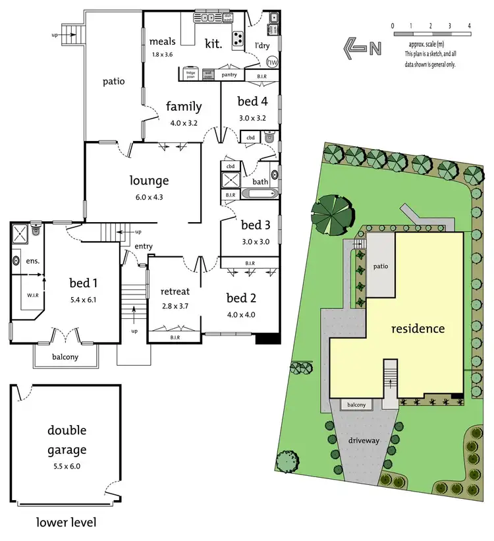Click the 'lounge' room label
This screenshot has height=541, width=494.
pos(150,181)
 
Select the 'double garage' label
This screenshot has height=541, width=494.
pos(67,441)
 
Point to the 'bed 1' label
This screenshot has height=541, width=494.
pos(84,283)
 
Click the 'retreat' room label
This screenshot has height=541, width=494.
pos(175,291)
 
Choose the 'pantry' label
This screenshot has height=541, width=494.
pos(229,75)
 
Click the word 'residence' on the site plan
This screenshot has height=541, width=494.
pos(418,328)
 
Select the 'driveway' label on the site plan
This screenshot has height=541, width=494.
pos(363,440)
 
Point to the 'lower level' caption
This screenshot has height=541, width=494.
pos(66,523)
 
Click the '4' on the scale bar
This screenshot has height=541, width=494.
pos(469,26)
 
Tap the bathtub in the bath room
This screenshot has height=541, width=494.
pos(258,194)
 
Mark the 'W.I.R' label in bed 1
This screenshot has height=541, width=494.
pos(33,295)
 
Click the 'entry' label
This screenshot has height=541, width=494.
pos(143,246)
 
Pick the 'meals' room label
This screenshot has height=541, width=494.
pos(162,42)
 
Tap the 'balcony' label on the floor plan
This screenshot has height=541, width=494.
pos(65,357)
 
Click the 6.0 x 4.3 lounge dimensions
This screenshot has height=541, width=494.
pos(150,196)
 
